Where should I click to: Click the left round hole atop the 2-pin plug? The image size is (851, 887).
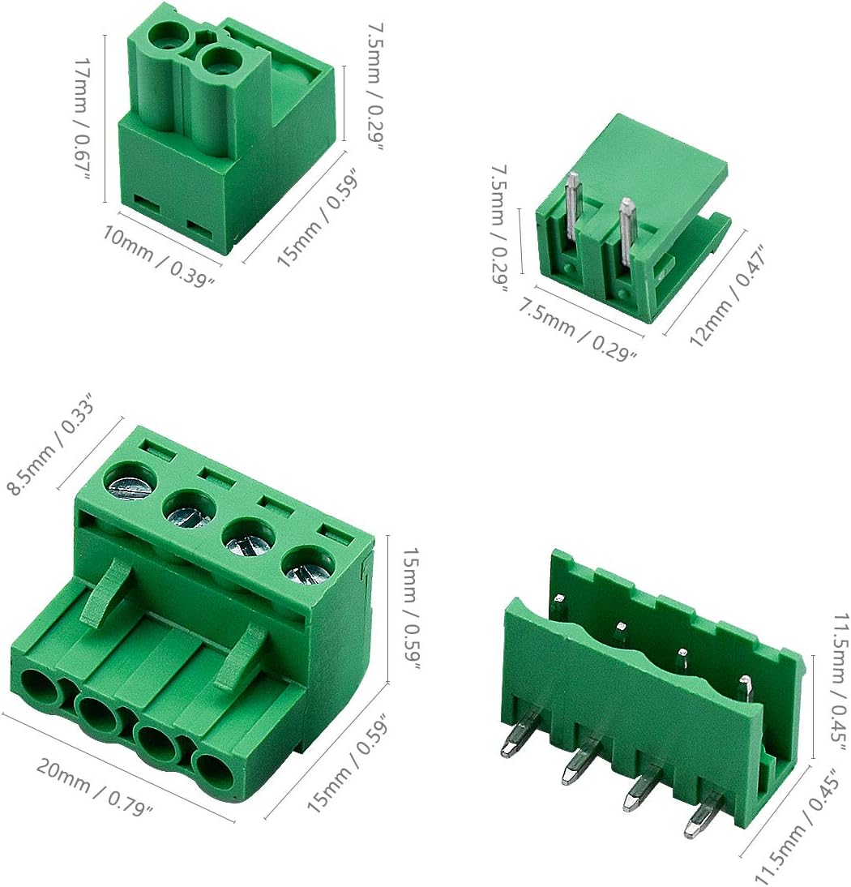pos(171,35)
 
